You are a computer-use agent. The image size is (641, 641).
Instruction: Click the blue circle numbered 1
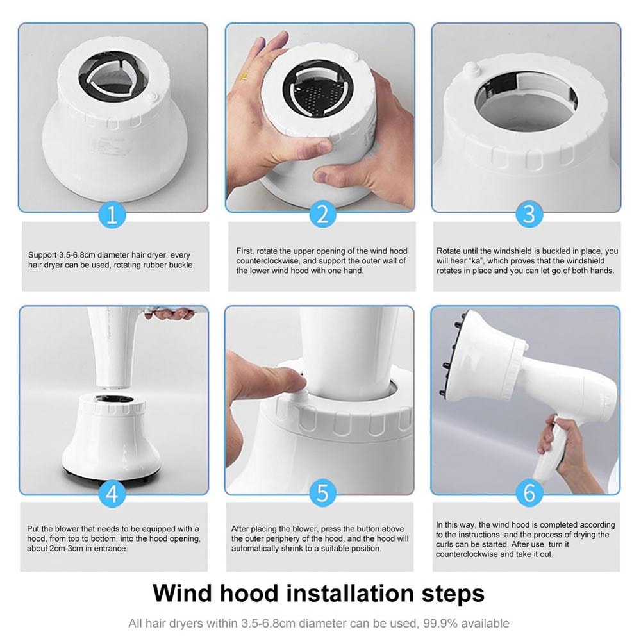112,214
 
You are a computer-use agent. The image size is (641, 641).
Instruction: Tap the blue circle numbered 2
322,214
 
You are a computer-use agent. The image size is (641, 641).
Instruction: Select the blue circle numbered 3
529,214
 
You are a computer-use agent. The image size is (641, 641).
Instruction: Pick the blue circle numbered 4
112,494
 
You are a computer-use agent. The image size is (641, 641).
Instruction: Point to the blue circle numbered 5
322,494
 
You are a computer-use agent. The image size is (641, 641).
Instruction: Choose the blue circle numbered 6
529,494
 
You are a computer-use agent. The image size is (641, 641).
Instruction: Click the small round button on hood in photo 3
472,67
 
